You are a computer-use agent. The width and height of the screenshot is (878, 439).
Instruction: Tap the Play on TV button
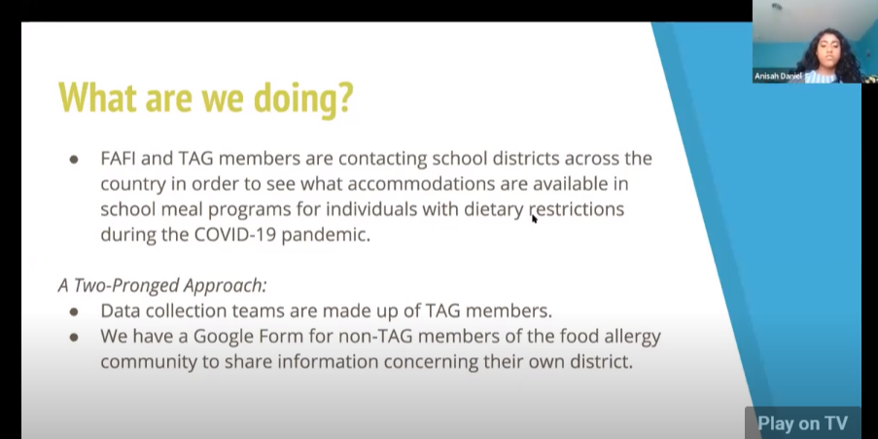(802, 422)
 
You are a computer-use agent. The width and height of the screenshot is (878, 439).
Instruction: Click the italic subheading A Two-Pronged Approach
(162, 285)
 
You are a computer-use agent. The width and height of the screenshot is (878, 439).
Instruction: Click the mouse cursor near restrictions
(534, 218)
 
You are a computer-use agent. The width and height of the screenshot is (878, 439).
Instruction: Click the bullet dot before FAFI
(74, 159)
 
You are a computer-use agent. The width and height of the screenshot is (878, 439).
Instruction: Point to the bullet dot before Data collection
(74, 311)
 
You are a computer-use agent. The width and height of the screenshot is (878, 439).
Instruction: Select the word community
(143, 362)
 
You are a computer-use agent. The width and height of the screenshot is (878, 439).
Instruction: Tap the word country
(131, 183)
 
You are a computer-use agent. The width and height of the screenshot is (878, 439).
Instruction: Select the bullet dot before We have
(74, 338)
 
